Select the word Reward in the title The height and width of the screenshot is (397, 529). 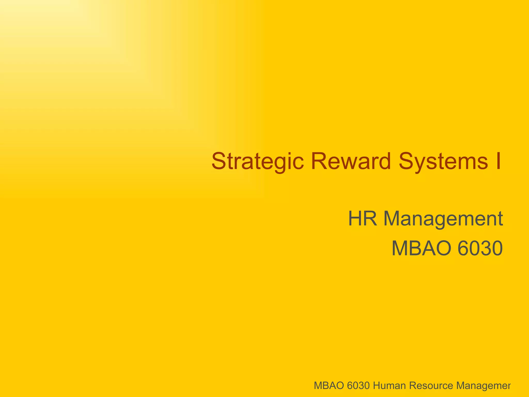351,161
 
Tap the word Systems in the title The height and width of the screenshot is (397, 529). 443,161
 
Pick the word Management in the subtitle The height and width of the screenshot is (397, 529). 443,219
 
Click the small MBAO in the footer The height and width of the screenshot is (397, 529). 329,386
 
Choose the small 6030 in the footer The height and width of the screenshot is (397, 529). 358,386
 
